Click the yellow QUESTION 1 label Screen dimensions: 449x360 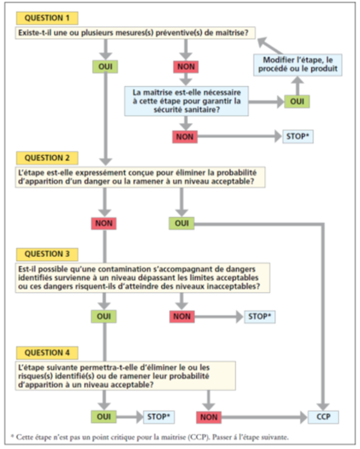pos(47,18)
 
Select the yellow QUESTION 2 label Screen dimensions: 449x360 pos(47,158)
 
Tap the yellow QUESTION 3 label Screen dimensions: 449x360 pos(47,254)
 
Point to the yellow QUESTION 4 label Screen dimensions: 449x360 pos(47,352)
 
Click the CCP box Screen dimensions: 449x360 pos(323,417)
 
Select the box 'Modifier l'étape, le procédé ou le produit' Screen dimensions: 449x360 pos(298,64)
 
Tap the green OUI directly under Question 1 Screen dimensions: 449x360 pos(105,66)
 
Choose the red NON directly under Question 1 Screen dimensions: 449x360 pos(186,66)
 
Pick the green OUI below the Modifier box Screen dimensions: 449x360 pos(297,101)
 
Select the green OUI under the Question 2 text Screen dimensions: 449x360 pos(181,223)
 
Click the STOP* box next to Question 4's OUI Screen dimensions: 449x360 pos(159,417)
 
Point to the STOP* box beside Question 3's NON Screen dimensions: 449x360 pos(260,317)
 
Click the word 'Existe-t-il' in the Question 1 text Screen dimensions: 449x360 pos(36,33)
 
